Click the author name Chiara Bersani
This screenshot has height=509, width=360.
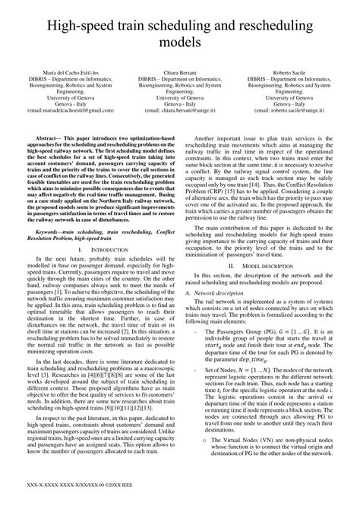(x=181, y=71)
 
